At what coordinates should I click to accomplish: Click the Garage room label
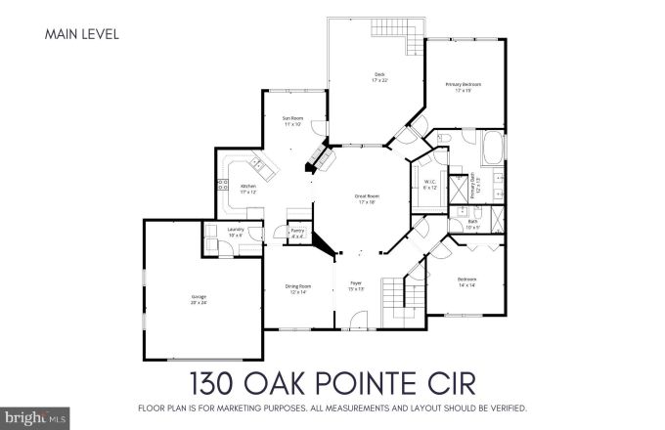[199, 299]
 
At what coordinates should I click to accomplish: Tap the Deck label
[379, 77]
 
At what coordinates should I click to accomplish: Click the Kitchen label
[248, 188]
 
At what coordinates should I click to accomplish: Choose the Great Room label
[367, 198]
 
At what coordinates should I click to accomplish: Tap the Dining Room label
[297, 288]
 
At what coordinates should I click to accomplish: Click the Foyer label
[356, 286]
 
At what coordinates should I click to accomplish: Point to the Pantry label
[297, 234]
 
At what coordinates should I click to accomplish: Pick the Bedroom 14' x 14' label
[466, 282]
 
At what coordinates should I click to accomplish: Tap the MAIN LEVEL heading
[82, 35]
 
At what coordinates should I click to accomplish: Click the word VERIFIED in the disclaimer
[507, 407]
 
